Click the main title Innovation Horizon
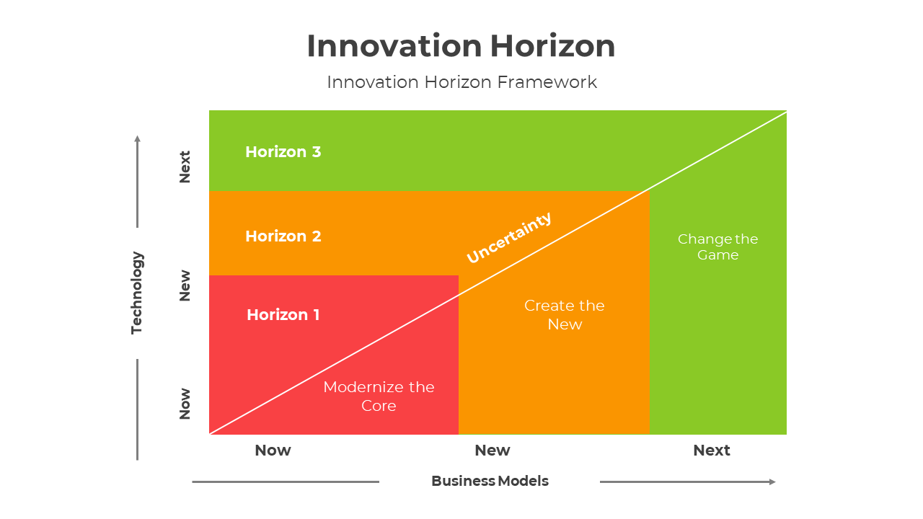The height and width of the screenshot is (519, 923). (461, 46)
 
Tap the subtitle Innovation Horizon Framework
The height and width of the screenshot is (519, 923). (461, 82)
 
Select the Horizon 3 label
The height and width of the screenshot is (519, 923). (283, 152)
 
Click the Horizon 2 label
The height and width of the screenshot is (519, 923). (283, 236)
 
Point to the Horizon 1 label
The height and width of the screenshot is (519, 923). (283, 315)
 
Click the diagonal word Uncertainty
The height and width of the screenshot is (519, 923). (509, 237)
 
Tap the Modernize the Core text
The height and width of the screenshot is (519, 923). (379, 396)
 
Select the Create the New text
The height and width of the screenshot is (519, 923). (564, 314)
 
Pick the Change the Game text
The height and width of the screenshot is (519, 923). (717, 247)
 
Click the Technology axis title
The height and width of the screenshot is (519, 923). (137, 293)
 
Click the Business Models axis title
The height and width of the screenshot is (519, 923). (490, 481)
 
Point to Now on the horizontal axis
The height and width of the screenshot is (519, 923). (273, 451)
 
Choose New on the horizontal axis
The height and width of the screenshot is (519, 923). (492, 451)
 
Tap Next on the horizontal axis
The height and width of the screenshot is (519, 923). (711, 451)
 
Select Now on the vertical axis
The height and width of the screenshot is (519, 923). (185, 404)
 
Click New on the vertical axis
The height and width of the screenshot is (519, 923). (185, 285)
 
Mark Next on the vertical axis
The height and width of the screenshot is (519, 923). (185, 167)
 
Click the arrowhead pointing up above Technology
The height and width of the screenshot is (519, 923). (137, 138)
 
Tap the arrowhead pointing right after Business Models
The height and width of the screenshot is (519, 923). (772, 482)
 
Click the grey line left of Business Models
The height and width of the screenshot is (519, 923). (285, 482)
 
